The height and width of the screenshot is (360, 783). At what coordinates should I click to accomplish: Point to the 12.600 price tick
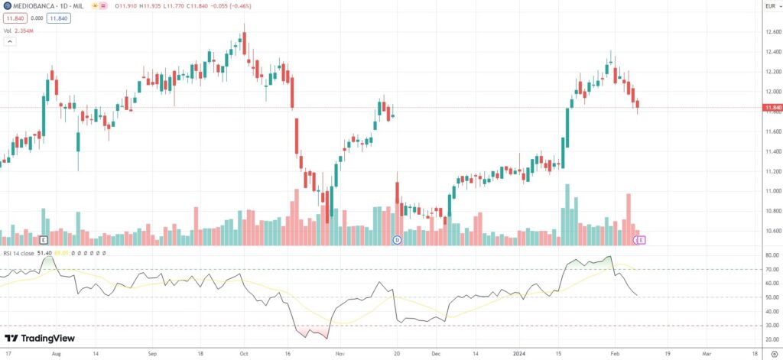pos(772,32)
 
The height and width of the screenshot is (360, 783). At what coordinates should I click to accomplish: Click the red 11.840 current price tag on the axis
pos(772,108)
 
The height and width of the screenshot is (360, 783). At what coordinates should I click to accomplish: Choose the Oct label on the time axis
pos(243,355)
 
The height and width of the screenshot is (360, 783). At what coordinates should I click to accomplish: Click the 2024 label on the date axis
pos(517,355)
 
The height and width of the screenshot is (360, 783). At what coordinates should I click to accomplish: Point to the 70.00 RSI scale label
pos(771,269)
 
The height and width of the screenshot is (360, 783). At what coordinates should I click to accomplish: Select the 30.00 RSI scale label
pos(771,326)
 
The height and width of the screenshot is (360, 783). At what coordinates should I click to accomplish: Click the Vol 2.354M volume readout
pos(19,31)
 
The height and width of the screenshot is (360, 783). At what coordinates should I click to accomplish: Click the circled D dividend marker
pos(397,240)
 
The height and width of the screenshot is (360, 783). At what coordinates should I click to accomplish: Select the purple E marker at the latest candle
pos(642,240)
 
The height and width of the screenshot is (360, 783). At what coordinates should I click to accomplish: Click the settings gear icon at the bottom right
pos(774,355)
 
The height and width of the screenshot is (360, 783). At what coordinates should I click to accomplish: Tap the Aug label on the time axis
pos(56,355)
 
